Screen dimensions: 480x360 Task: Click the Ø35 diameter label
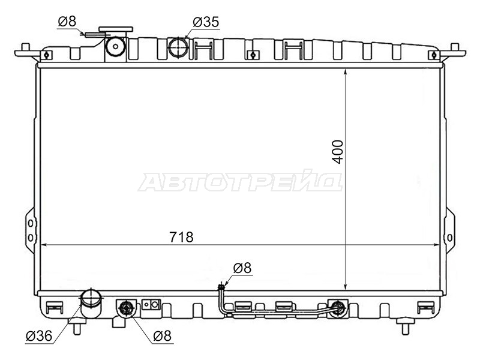[206, 22]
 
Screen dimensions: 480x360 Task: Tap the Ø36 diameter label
[39, 336]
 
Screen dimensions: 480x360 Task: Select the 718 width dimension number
[182, 237]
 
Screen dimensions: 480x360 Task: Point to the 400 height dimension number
[338, 152]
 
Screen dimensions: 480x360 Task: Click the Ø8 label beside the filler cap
[67, 22]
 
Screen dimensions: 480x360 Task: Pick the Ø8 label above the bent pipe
[242, 268]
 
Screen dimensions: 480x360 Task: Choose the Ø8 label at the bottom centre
[162, 336]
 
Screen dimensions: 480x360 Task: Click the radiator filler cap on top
[116, 29]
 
